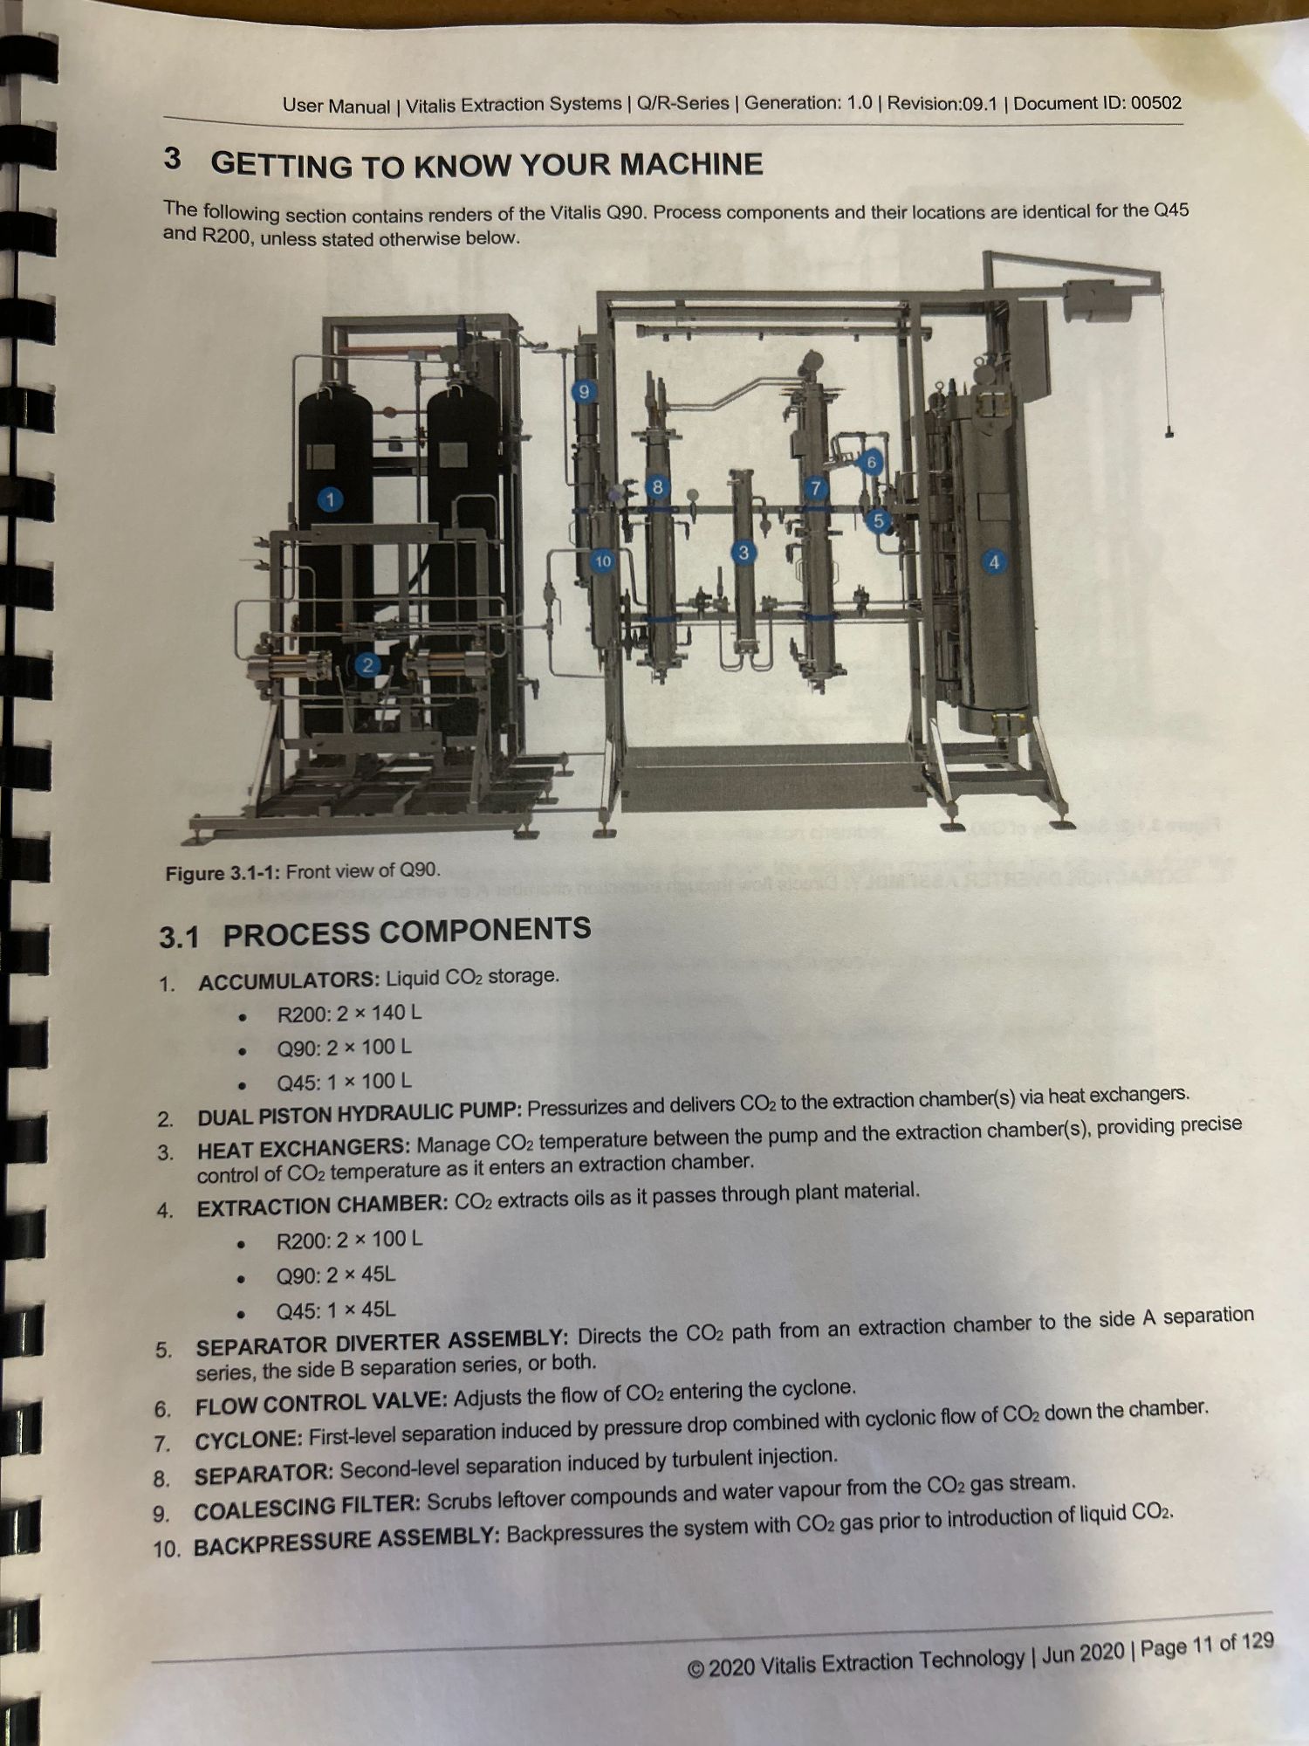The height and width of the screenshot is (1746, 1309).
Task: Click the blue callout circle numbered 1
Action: pos(329,499)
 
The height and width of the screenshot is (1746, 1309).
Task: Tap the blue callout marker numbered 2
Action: pos(367,665)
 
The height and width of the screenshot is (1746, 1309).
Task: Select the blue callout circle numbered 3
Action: pos(744,553)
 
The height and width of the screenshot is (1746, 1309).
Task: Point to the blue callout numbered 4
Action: pos(993,562)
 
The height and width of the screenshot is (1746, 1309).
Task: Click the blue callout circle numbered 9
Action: pos(584,392)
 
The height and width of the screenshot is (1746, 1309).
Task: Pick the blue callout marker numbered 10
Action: pos(603,561)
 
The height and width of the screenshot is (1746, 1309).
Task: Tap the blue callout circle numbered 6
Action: pos(870,462)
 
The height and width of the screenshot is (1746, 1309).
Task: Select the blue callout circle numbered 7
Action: pos(815,488)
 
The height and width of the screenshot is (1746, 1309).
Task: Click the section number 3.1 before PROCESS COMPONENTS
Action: pos(179,938)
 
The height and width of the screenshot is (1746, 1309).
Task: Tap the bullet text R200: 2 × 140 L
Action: pos(349,1014)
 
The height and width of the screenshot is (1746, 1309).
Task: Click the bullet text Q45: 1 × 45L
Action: pos(335,1310)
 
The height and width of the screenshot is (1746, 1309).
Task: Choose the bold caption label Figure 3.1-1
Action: pos(223,873)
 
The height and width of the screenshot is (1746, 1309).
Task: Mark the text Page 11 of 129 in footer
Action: pos(1207,1645)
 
